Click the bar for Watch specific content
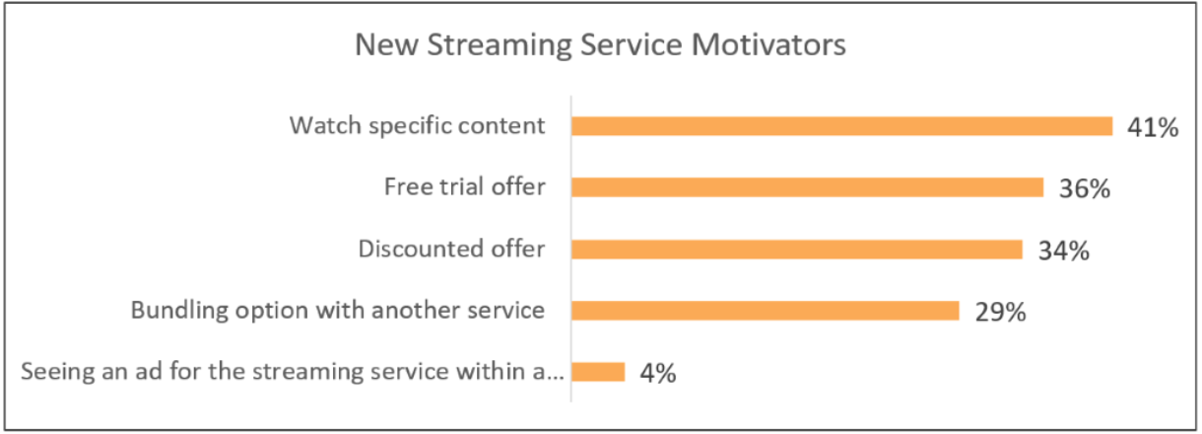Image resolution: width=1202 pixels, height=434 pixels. [842, 126]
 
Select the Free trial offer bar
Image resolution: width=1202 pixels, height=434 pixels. [808, 187]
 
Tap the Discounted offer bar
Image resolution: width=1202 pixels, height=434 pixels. [797, 250]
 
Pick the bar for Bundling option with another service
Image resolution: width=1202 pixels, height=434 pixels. [766, 311]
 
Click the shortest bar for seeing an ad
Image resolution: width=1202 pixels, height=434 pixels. [598, 372]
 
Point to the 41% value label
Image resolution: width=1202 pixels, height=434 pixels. [1153, 128]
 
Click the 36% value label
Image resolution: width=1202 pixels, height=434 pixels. [1085, 189]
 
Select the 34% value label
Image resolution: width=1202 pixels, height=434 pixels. [1063, 251]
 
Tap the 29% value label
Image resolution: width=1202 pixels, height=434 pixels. [1000, 312]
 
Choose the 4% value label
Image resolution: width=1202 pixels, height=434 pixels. [658, 373]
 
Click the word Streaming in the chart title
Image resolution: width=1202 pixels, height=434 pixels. [501, 45]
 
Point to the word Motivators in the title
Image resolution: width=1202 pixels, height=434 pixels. [768, 44]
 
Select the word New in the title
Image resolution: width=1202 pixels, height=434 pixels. [386, 44]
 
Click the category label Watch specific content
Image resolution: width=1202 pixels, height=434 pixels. [417, 125]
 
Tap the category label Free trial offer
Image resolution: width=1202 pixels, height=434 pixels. [465, 187]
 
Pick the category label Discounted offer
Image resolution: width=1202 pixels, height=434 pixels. [451, 249]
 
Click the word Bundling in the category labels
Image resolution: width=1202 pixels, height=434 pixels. [179, 311]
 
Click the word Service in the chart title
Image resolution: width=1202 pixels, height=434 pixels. [631, 44]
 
